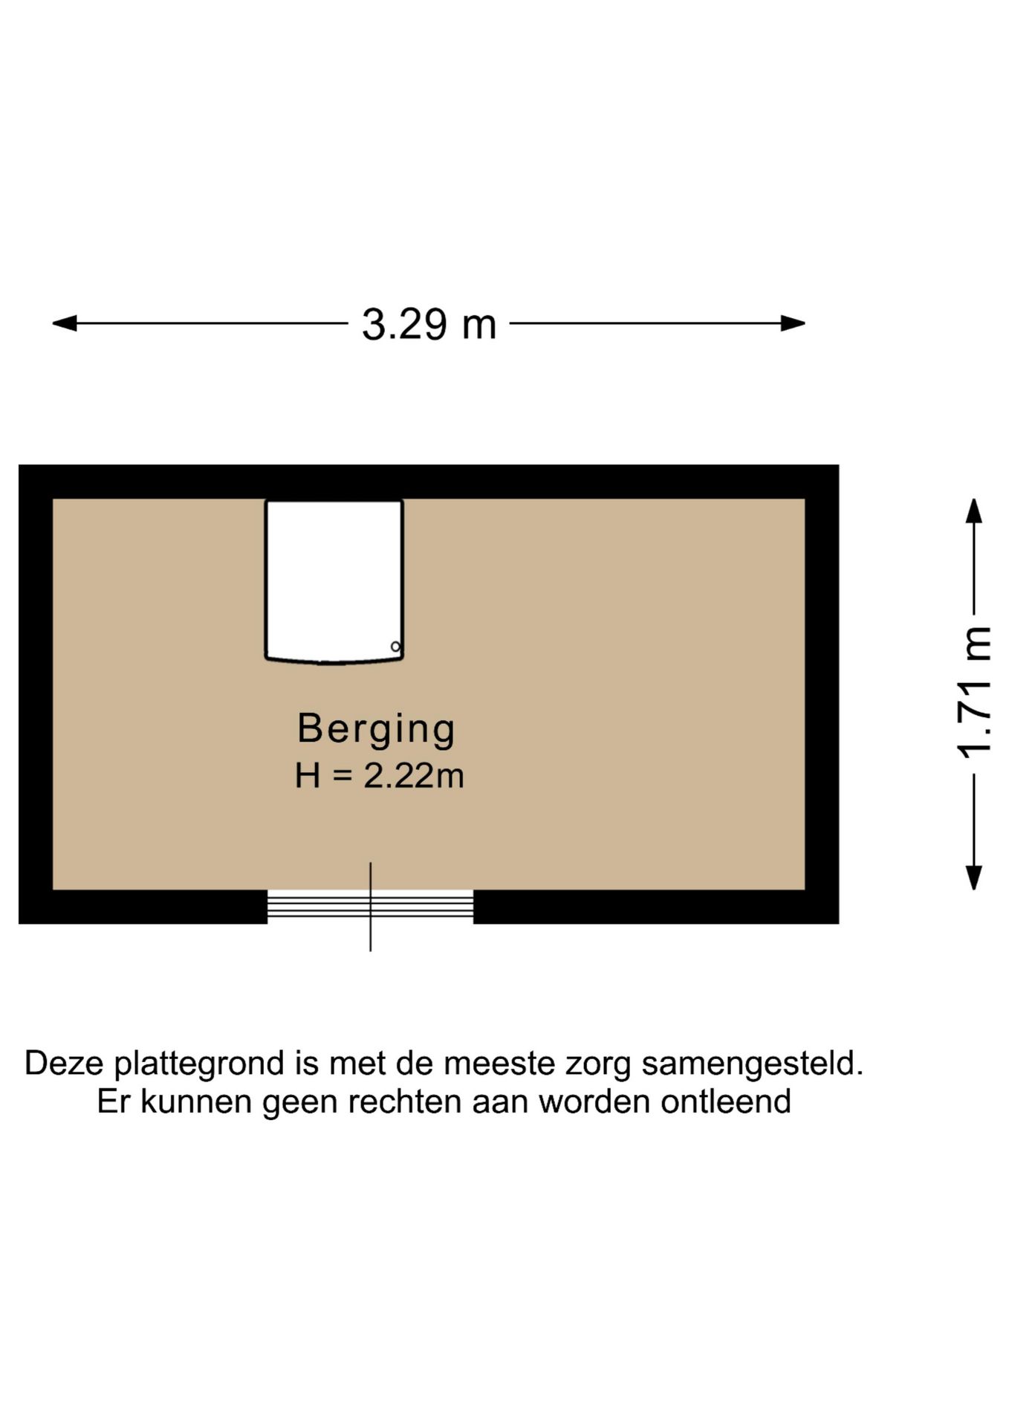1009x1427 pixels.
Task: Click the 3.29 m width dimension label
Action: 429,325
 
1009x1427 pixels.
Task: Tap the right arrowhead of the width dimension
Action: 793,323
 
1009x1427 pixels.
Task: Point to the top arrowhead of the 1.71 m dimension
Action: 974,511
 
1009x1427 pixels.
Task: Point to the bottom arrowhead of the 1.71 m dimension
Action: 974,877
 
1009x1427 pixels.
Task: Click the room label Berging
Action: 376,728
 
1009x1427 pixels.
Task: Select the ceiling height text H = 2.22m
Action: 379,776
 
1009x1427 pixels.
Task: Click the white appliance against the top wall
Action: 334,580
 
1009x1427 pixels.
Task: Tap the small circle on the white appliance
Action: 395,647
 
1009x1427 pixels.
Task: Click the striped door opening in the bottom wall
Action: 370,907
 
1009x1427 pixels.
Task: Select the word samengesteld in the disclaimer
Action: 752,1064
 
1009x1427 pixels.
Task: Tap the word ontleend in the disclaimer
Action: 725,1101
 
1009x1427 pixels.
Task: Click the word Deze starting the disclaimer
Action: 65,1063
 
